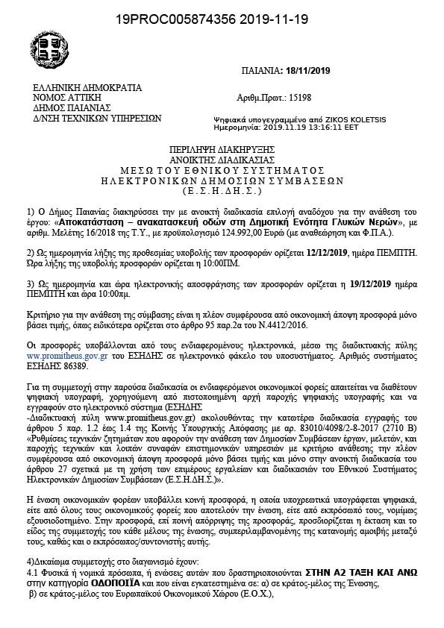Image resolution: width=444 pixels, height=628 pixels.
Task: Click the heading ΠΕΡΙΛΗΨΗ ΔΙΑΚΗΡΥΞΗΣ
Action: click(x=220, y=150)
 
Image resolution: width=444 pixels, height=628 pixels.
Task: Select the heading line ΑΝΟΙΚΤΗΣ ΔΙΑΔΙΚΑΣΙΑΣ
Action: click(x=220, y=160)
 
